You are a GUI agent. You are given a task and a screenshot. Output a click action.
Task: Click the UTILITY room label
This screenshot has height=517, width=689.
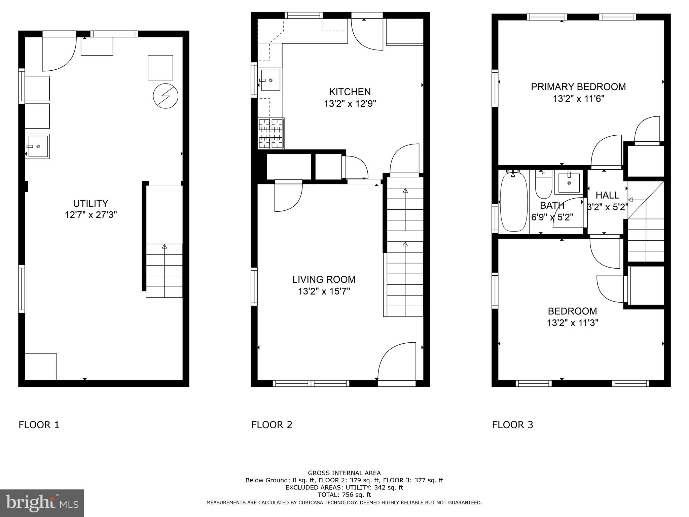pyautogui.click(x=90, y=203)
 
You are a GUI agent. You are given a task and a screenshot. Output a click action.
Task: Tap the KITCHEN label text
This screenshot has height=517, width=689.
pyautogui.click(x=350, y=92)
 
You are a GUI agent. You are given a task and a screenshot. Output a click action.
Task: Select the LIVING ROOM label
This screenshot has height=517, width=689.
pyautogui.click(x=324, y=279)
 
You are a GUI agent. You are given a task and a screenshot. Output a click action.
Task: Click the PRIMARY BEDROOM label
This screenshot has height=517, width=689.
pyautogui.click(x=578, y=87)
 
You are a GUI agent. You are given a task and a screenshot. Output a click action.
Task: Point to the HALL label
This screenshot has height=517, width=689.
pyautogui.click(x=607, y=195)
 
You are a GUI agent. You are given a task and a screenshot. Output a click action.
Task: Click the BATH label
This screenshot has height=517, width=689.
pyautogui.click(x=552, y=205)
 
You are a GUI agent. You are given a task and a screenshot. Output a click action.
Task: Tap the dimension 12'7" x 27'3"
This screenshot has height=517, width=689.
pyautogui.click(x=90, y=215)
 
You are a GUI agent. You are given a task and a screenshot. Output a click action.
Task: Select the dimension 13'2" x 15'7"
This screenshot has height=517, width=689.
pyautogui.click(x=324, y=291)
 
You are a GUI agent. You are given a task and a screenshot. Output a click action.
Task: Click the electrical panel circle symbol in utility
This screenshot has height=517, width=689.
pyautogui.click(x=165, y=96)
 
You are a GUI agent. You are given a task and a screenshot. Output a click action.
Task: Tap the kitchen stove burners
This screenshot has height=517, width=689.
pyautogui.click(x=270, y=133)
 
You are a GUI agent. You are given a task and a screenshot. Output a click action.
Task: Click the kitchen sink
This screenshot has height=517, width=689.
pyautogui.click(x=270, y=80)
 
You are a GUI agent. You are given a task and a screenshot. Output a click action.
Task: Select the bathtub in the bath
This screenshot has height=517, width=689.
pyautogui.click(x=513, y=202)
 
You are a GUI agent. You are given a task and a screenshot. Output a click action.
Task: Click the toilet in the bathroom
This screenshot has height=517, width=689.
pyautogui.click(x=543, y=186)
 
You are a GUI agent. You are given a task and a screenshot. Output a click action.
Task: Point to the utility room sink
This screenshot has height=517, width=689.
pyautogui.click(x=37, y=146)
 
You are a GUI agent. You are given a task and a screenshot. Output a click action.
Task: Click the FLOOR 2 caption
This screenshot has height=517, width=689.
pyautogui.click(x=271, y=425)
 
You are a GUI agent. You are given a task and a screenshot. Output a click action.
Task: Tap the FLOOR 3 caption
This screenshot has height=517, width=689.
pyautogui.click(x=512, y=425)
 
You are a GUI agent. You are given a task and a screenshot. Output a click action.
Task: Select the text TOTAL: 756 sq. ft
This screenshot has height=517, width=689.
pyautogui.click(x=344, y=495)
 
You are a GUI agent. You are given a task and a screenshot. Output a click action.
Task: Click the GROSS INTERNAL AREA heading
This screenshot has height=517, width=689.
pyautogui.click(x=344, y=473)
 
